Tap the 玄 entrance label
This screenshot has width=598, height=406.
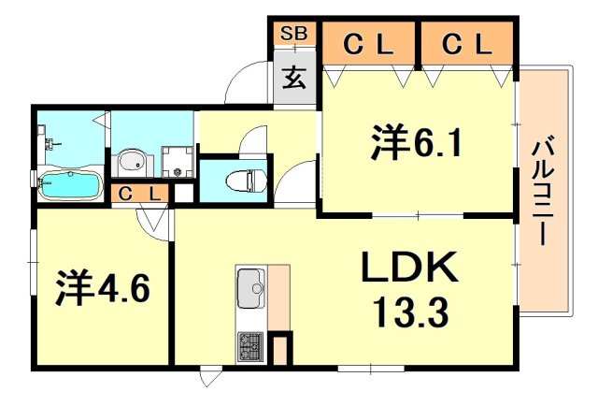294,79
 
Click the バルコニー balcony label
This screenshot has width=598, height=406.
543,192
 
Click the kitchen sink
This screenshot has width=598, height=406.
250,286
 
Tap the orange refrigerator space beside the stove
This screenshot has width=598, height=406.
282,350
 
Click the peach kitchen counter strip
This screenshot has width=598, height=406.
279,297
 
